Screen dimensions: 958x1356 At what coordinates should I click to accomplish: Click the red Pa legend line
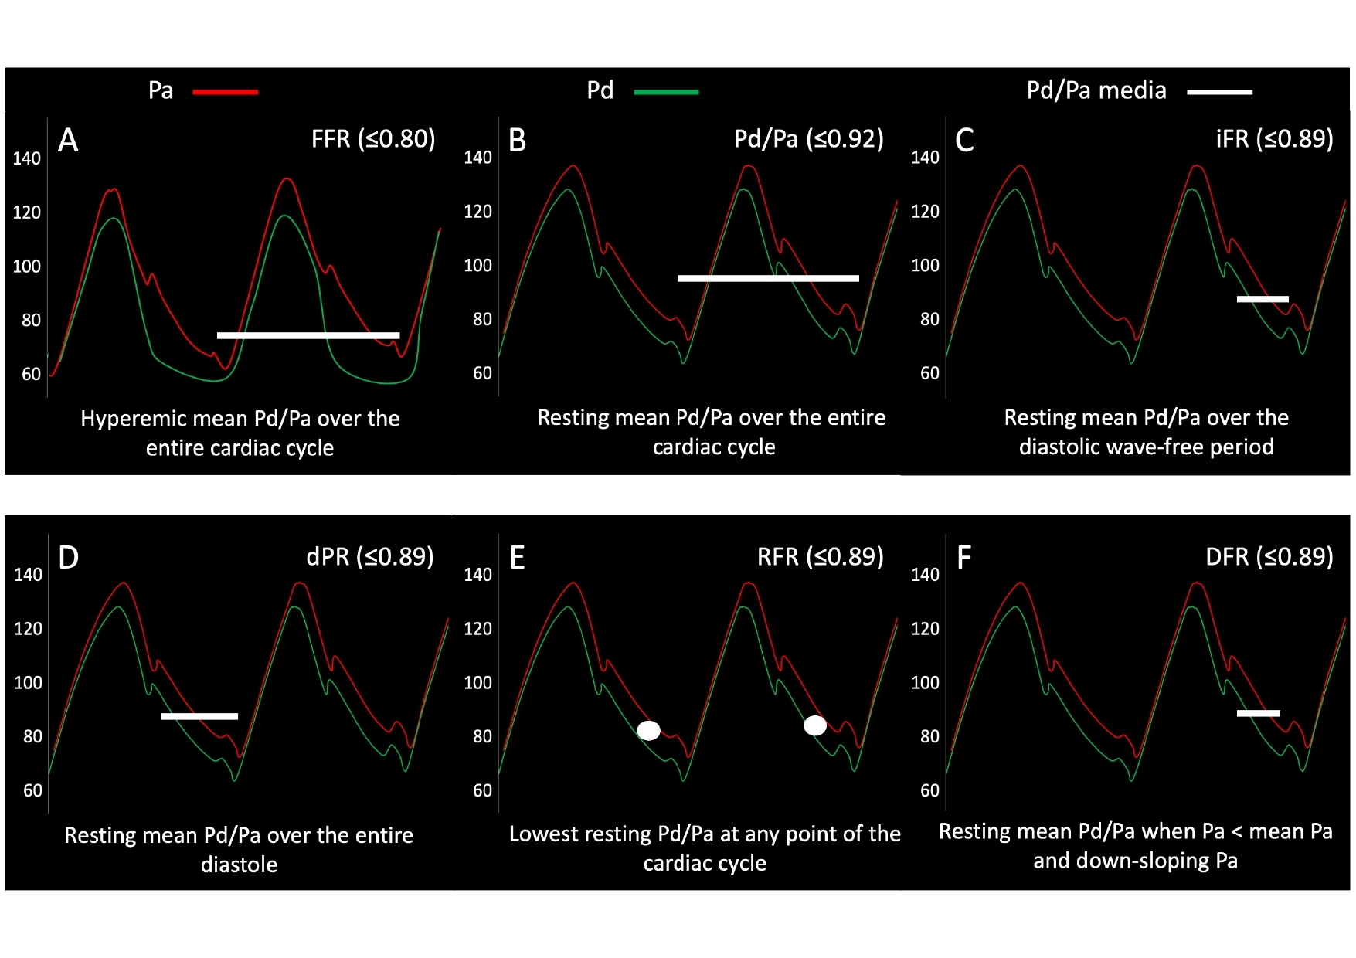(x=225, y=92)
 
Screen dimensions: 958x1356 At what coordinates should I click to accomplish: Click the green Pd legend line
(x=666, y=92)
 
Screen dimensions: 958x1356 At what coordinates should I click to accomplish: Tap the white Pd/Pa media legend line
(x=1219, y=92)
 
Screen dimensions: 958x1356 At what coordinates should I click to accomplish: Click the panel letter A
(x=68, y=141)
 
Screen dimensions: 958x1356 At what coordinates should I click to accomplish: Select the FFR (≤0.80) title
(x=373, y=139)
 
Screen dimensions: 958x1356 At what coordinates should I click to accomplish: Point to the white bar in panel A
(x=308, y=335)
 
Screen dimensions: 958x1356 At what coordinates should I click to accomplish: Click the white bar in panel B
(x=768, y=278)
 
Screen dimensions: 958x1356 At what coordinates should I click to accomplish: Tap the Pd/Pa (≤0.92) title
(x=808, y=139)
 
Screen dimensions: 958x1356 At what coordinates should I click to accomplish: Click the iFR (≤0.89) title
(x=1274, y=139)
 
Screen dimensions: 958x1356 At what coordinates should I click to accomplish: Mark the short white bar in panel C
(x=1263, y=299)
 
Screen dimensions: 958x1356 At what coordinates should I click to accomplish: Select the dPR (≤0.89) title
(x=370, y=557)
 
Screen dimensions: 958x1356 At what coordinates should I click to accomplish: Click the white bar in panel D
(x=199, y=716)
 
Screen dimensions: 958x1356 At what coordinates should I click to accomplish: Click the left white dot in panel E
(x=648, y=730)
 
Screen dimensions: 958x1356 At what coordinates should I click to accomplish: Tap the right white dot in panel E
(x=815, y=725)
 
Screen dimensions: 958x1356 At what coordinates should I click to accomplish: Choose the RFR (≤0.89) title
(x=820, y=557)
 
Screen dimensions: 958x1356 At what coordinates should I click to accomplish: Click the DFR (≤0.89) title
(x=1269, y=557)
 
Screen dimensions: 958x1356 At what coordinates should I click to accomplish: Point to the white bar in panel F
(x=1258, y=713)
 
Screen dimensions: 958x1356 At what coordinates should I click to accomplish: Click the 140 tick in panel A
(x=26, y=159)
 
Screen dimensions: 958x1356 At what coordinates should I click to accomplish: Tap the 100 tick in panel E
(x=477, y=683)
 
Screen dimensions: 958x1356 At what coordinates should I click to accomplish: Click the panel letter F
(x=963, y=558)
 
